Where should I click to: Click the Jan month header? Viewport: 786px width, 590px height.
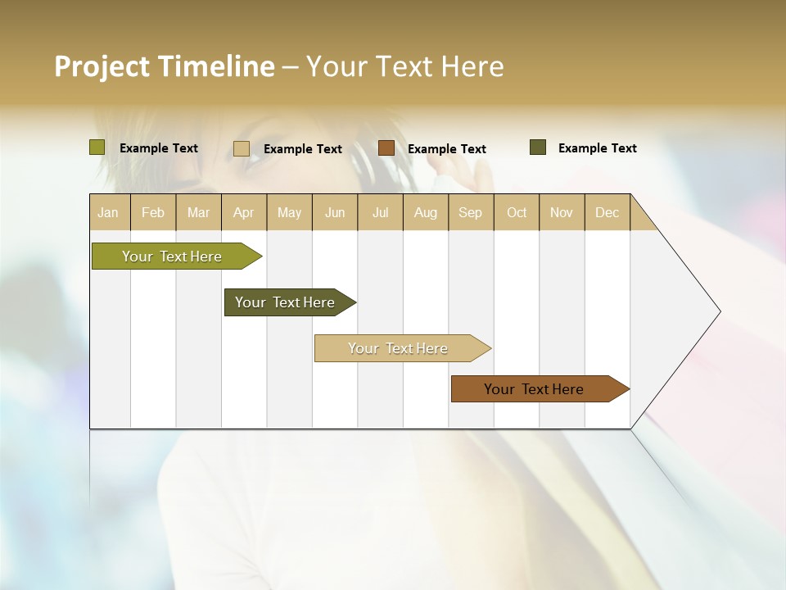coord(108,212)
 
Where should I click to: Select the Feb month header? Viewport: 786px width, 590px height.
coord(153,212)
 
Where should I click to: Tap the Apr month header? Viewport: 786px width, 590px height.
coord(244,212)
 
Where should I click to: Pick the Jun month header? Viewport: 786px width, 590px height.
coord(335,212)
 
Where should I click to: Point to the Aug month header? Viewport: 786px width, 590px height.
coord(426,212)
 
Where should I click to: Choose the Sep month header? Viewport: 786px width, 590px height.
coord(471,212)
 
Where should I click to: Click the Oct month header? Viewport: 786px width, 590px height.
coord(517,212)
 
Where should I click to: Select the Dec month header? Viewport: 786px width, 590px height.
coord(608,212)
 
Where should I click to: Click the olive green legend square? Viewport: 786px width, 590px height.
coord(97,147)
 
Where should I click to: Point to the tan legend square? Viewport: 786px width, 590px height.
coord(242,148)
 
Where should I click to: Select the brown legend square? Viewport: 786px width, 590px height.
coord(386,148)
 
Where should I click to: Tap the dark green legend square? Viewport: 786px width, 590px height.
coord(538,147)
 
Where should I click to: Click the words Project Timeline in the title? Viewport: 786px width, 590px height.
coord(165,66)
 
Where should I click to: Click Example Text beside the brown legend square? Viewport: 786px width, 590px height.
coord(447,148)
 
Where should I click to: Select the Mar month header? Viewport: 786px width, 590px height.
coord(199,212)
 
